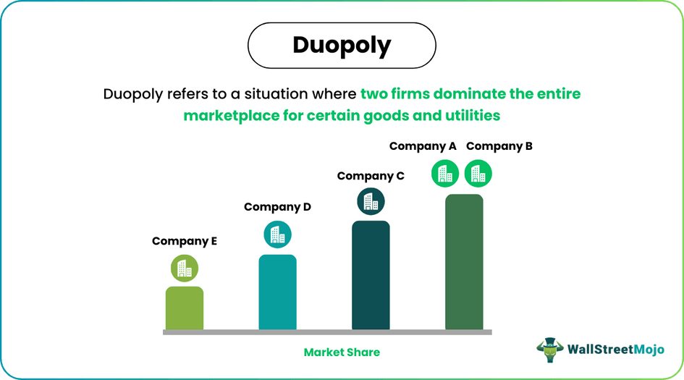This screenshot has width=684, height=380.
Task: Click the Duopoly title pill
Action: [x=342, y=46]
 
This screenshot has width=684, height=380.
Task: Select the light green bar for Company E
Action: [x=185, y=308]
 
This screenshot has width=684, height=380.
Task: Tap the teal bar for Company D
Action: [x=277, y=292]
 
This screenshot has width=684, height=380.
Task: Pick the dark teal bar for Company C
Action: [x=371, y=276]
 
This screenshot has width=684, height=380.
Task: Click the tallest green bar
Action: [x=464, y=262]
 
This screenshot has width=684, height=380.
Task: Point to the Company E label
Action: [x=185, y=242]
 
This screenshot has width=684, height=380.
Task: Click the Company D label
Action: [x=277, y=207]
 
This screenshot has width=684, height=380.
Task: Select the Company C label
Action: [x=371, y=176]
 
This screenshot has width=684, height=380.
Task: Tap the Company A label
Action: [x=423, y=146]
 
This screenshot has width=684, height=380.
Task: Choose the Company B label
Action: [x=499, y=146]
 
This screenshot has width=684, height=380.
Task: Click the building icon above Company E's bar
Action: [x=185, y=269]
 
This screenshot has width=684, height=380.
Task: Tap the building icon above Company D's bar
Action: [x=277, y=235]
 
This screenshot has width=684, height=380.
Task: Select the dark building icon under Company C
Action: [x=371, y=202]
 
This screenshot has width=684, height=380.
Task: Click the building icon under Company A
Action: [x=445, y=174]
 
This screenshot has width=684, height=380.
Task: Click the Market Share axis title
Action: [x=342, y=352]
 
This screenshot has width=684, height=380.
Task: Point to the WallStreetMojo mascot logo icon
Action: [x=550, y=350]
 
